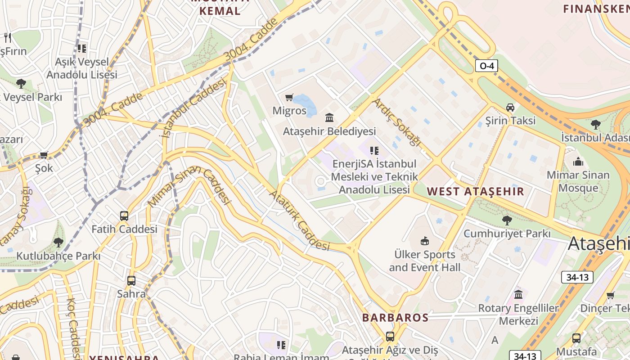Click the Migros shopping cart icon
pyautogui.click(x=289, y=98)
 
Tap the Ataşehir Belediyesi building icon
pyautogui.click(x=329, y=118)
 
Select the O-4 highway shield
pyautogui.click(x=487, y=66)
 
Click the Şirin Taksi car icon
pyautogui.click(x=510, y=108)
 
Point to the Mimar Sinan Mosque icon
pyautogui.click(x=578, y=162)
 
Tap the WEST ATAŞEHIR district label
pyautogui.click(x=476, y=191)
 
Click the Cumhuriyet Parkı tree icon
pyautogui.click(x=507, y=220)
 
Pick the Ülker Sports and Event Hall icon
pyautogui.click(x=424, y=241)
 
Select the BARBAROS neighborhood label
pyautogui.click(x=395, y=317)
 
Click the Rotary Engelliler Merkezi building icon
pyautogui.click(x=518, y=295)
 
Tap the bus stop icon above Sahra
pyautogui.click(x=131, y=281)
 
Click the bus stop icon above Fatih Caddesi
pyautogui.click(x=124, y=216)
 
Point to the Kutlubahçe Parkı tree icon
pyautogui.click(x=58, y=243)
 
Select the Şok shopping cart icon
pyautogui.click(x=44, y=155)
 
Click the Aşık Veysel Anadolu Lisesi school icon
pyautogui.click(x=81, y=48)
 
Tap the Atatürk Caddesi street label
pyautogui.click(x=299, y=221)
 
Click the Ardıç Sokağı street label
pyautogui.click(x=397, y=122)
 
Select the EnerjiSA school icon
pyautogui.click(x=374, y=151)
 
